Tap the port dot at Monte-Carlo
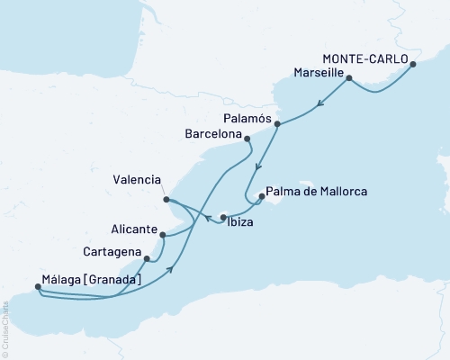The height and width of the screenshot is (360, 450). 413,64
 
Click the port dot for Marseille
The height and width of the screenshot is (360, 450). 348,78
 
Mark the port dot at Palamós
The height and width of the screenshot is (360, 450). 277,124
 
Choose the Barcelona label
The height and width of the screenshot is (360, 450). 212,135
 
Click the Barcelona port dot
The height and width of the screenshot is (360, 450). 247,139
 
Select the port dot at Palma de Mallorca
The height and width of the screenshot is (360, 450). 261,196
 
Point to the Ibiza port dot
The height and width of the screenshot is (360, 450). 223,217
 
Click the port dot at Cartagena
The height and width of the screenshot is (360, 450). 146,257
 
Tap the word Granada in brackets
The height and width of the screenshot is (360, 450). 114,280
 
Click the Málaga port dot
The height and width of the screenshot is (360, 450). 37,288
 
